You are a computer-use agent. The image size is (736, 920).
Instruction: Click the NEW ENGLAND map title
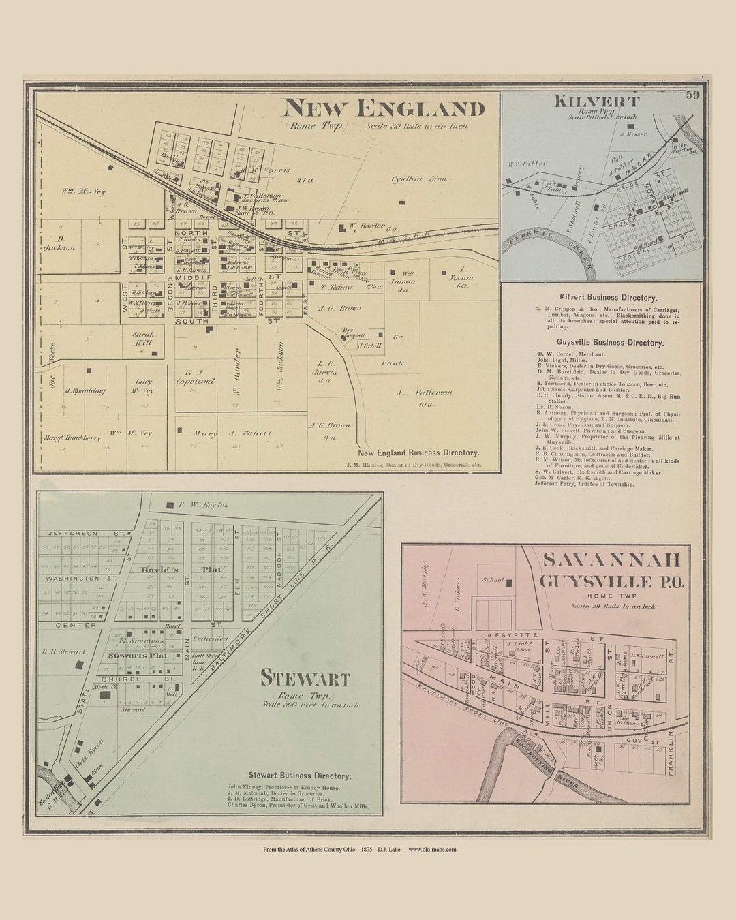point(384,108)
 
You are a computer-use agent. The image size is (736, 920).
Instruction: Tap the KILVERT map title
point(596,102)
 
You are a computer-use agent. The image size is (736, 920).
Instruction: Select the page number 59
point(693,95)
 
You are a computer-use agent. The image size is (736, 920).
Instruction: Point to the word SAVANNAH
point(611,560)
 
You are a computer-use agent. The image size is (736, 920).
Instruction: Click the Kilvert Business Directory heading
point(608,298)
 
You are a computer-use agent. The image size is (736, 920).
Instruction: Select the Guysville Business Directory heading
point(609,343)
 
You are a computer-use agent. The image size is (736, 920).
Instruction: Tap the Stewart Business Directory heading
point(299,776)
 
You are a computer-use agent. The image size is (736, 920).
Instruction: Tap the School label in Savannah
point(493,580)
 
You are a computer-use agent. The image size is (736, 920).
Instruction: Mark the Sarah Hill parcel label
point(143,339)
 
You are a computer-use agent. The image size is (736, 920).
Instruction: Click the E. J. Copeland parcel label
point(199,377)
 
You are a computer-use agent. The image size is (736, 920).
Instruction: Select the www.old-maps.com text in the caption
point(432,849)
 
